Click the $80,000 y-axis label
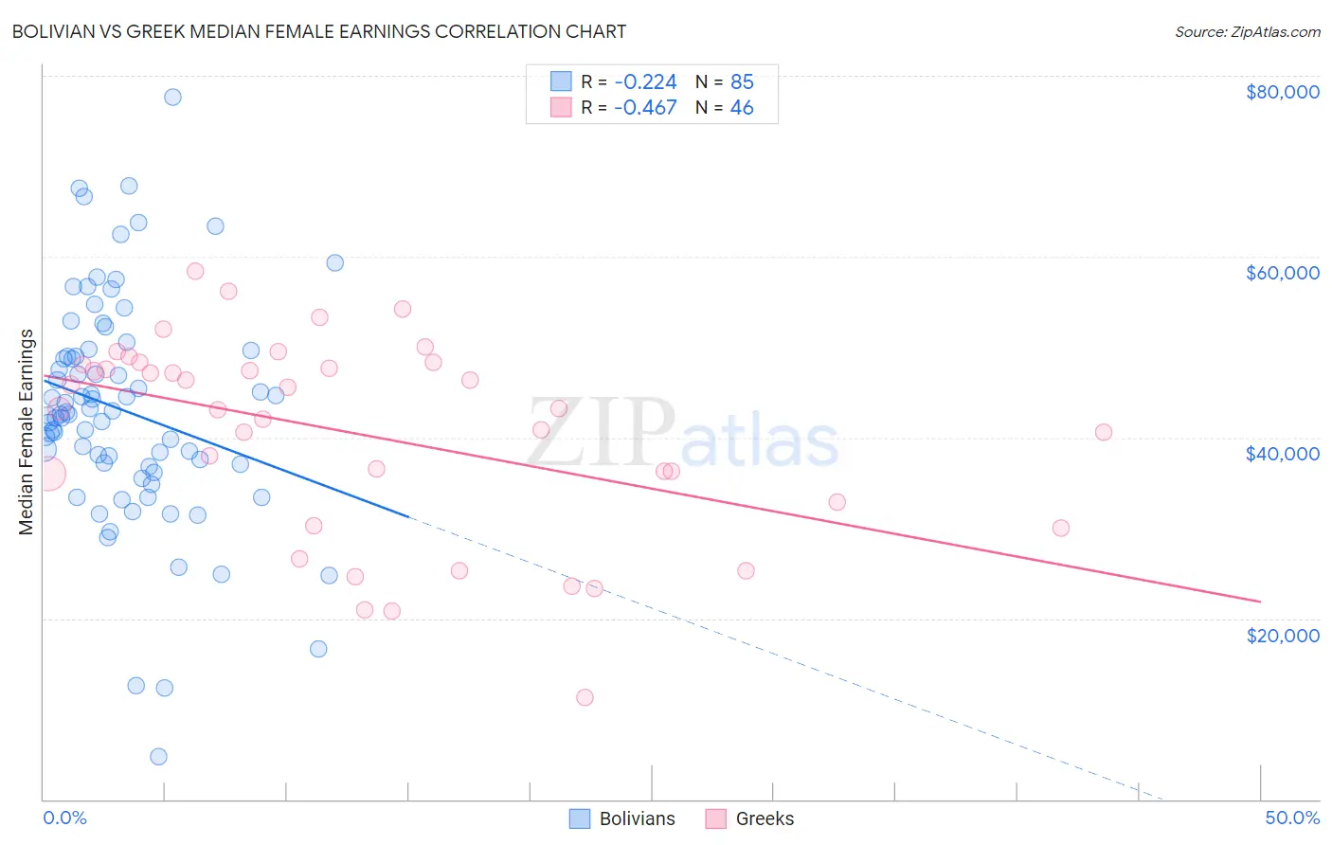point(1282,92)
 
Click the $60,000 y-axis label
point(1282,273)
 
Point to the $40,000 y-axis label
point(1282,454)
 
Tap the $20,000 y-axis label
point(1282,635)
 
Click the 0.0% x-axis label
point(64,818)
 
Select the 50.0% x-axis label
point(1291,818)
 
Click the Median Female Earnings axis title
point(27,432)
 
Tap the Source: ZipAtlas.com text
point(1247,32)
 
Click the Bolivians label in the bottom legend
point(637,818)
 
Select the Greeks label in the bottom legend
point(765,818)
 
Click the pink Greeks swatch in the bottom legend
point(715,818)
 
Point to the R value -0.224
point(645,81)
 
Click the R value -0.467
point(645,107)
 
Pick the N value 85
point(742,81)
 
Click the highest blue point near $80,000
point(172,97)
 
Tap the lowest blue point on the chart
point(158,756)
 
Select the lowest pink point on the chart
point(585,697)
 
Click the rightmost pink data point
point(1103,432)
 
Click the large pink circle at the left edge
point(47,474)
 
